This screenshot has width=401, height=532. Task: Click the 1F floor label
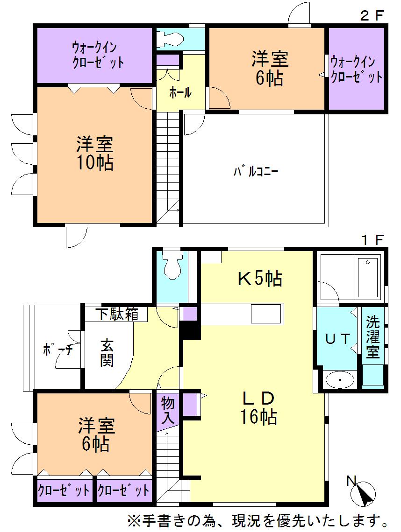(x=372, y=240)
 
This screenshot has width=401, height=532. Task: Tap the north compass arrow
(x=365, y=492)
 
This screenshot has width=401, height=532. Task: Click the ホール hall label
(x=180, y=92)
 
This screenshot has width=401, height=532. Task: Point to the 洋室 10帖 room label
(x=95, y=154)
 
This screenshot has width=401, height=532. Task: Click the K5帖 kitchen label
(x=260, y=279)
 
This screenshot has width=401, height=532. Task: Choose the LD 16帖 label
(x=258, y=407)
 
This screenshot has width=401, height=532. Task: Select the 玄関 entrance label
(x=107, y=353)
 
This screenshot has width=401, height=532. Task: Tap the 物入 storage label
(x=168, y=409)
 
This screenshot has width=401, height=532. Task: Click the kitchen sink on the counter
(x=266, y=313)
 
